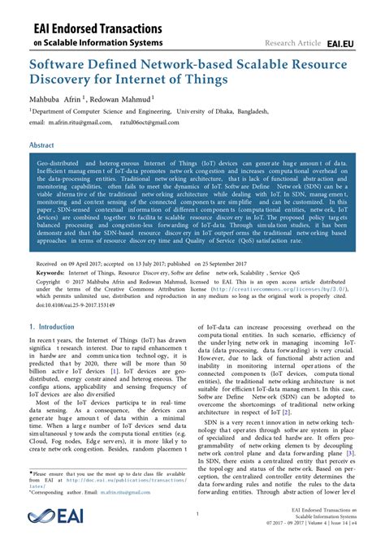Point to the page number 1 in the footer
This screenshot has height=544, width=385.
click(x=197, y=514)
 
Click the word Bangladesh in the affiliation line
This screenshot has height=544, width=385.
click(x=290, y=112)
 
